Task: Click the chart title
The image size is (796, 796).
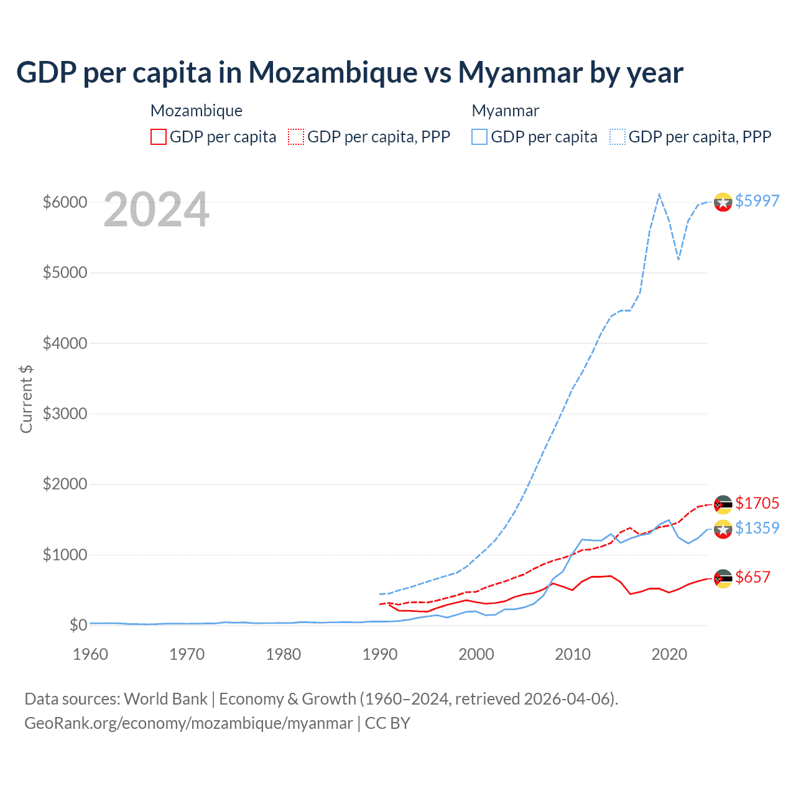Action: click(349, 73)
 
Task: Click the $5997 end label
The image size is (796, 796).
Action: click(757, 201)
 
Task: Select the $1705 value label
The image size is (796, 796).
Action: click(757, 502)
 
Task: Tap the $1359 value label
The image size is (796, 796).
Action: click(757, 528)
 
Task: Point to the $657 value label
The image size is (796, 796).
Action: click(752, 577)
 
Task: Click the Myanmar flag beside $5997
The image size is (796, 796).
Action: click(723, 202)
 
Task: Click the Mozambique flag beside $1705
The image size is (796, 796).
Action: click(723, 504)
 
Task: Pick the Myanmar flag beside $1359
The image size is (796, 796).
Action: click(723, 529)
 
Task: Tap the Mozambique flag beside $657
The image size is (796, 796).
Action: click(723, 578)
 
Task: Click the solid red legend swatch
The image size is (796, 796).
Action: click(159, 137)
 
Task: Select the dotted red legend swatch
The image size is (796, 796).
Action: click(296, 137)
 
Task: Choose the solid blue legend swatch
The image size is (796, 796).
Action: click(479, 137)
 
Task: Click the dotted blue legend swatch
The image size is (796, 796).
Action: click(618, 137)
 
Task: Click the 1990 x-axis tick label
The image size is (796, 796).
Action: click(380, 654)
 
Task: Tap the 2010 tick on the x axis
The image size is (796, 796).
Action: click(573, 654)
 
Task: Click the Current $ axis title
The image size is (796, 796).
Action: click(26, 399)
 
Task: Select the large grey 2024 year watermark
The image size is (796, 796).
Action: click(156, 210)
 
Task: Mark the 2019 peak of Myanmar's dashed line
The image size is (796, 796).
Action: click(659, 194)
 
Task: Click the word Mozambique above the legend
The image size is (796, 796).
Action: click(197, 111)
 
